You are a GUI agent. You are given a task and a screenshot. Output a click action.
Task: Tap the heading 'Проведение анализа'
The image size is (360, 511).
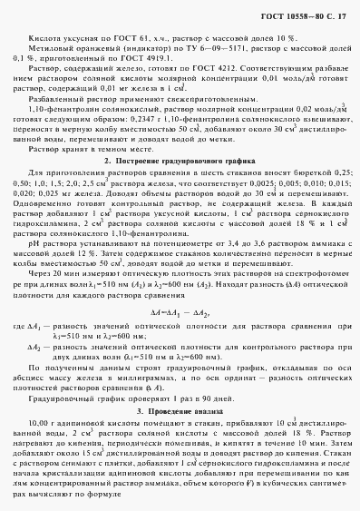click(x=183, y=387)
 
